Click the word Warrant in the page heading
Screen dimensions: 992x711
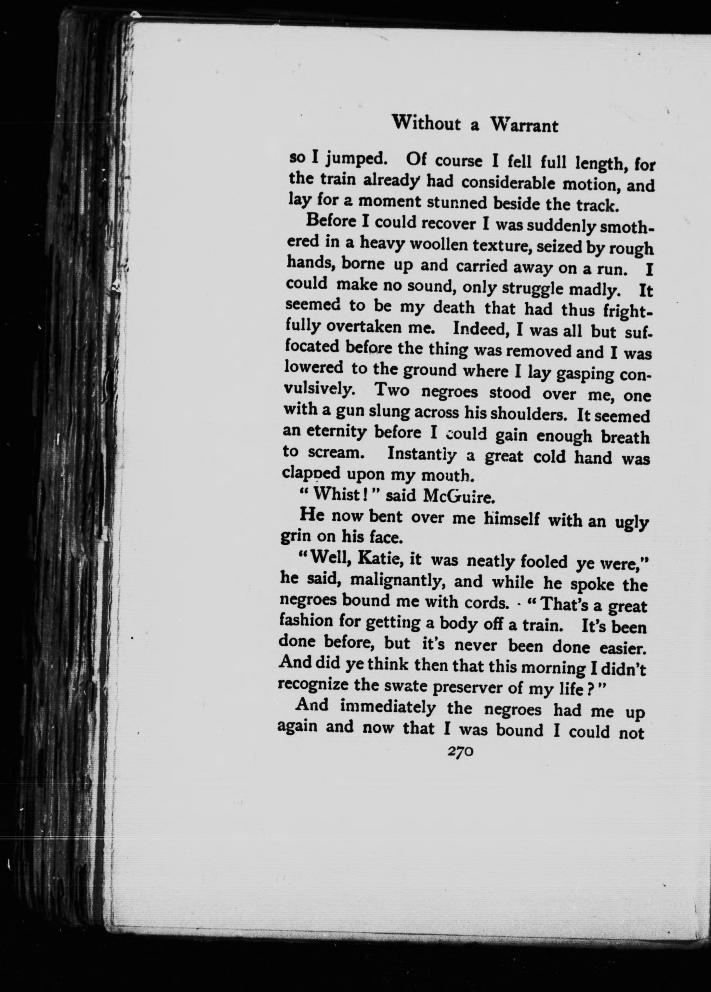tap(524, 126)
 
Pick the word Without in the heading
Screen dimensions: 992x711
tap(427, 123)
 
